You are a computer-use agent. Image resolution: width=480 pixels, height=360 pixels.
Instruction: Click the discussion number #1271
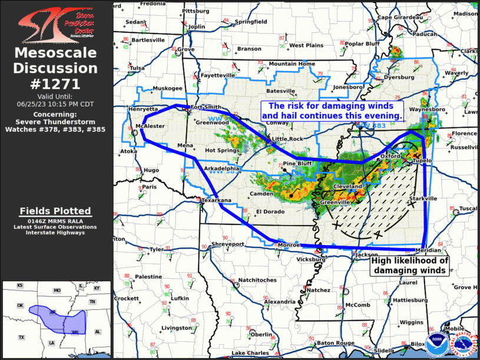pos(55,83)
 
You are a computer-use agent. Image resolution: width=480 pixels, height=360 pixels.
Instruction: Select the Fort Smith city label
pos(206,107)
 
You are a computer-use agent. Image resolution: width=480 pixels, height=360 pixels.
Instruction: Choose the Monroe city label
pos(289,245)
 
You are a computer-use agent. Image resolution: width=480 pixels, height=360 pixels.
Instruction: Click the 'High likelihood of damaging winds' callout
pos(409,266)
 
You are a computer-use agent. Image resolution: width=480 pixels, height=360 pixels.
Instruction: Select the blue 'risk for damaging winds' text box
pos(335,111)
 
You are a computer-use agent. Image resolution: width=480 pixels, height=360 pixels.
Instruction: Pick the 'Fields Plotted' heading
pos(55,211)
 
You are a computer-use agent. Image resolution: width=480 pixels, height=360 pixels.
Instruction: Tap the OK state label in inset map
pos(19,306)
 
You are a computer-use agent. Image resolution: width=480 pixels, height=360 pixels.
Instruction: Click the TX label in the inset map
pos(21,337)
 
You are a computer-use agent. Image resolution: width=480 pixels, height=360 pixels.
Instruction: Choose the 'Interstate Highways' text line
pos(55,233)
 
